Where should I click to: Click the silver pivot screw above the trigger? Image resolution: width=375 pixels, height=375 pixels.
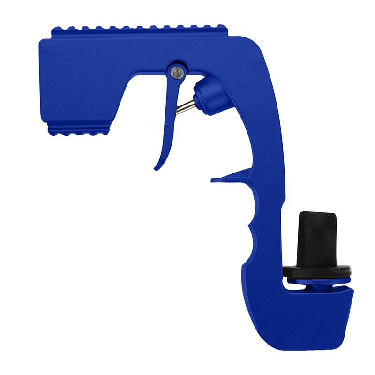[x=177, y=71]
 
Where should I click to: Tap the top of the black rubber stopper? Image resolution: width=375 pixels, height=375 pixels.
[x=317, y=215]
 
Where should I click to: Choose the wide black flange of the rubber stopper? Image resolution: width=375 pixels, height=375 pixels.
[x=317, y=271]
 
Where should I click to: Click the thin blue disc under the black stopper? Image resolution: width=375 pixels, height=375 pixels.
[x=318, y=280]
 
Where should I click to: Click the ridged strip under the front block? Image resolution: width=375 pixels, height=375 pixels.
[x=80, y=130]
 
